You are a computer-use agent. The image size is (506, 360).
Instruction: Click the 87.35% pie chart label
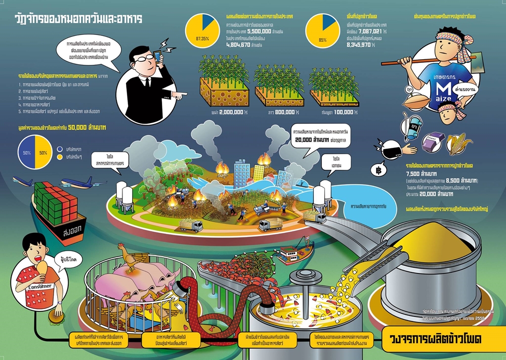pos(201,38)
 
